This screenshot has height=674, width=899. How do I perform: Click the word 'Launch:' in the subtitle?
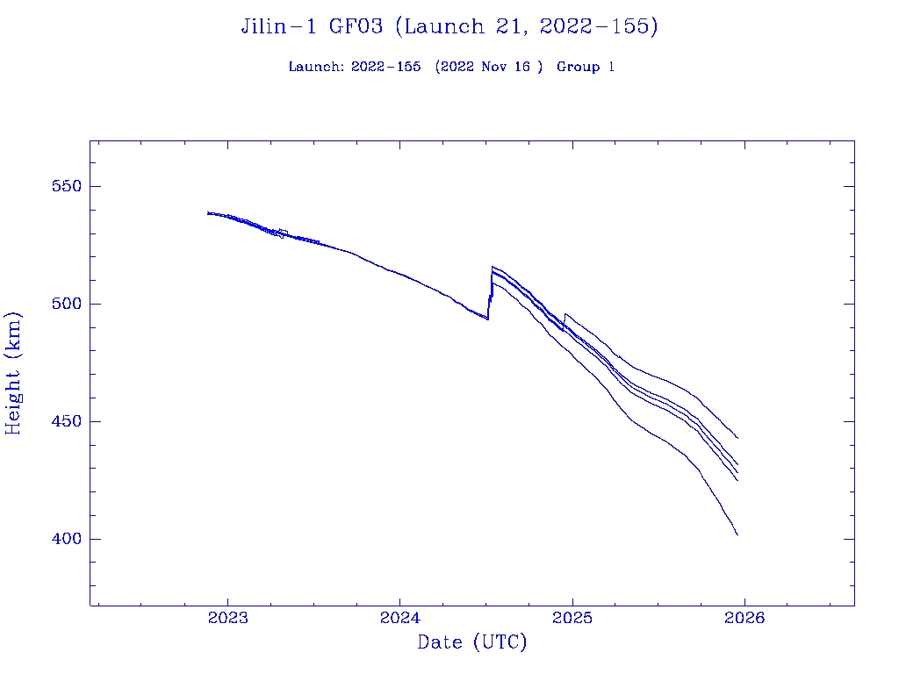click(x=316, y=67)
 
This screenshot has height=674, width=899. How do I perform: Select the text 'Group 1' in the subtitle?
click(x=585, y=67)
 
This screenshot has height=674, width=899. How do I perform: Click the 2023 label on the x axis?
click(x=227, y=618)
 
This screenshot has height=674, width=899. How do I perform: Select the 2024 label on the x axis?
click(x=399, y=618)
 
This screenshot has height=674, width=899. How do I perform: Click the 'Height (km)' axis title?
click(x=14, y=373)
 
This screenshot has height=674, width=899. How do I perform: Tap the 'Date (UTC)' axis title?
click(x=472, y=643)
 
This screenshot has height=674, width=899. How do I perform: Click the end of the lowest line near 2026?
click(x=737, y=534)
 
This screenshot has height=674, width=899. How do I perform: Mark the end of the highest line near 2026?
click(x=737, y=438)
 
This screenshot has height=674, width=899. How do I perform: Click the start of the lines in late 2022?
click(x=208, y=212)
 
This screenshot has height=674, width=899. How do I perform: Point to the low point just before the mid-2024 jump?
click(x=487, y=319)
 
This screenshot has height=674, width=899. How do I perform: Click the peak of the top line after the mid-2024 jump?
click(x=493, y=266)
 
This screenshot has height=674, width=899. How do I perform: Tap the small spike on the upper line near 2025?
click(x=565, y=313)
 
